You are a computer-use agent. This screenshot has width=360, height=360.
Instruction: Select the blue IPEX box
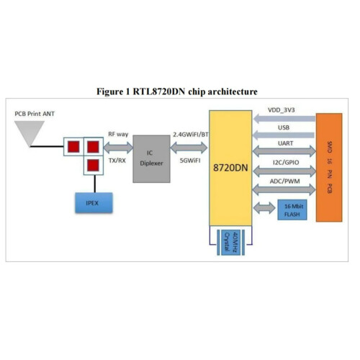[x=92, y=202]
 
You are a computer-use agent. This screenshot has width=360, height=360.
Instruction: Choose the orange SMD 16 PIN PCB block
[x=328, y=167]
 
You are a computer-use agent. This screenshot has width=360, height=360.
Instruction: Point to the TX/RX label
[x=117, y=161]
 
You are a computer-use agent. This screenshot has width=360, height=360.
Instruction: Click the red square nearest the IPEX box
[x=92, y=166]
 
